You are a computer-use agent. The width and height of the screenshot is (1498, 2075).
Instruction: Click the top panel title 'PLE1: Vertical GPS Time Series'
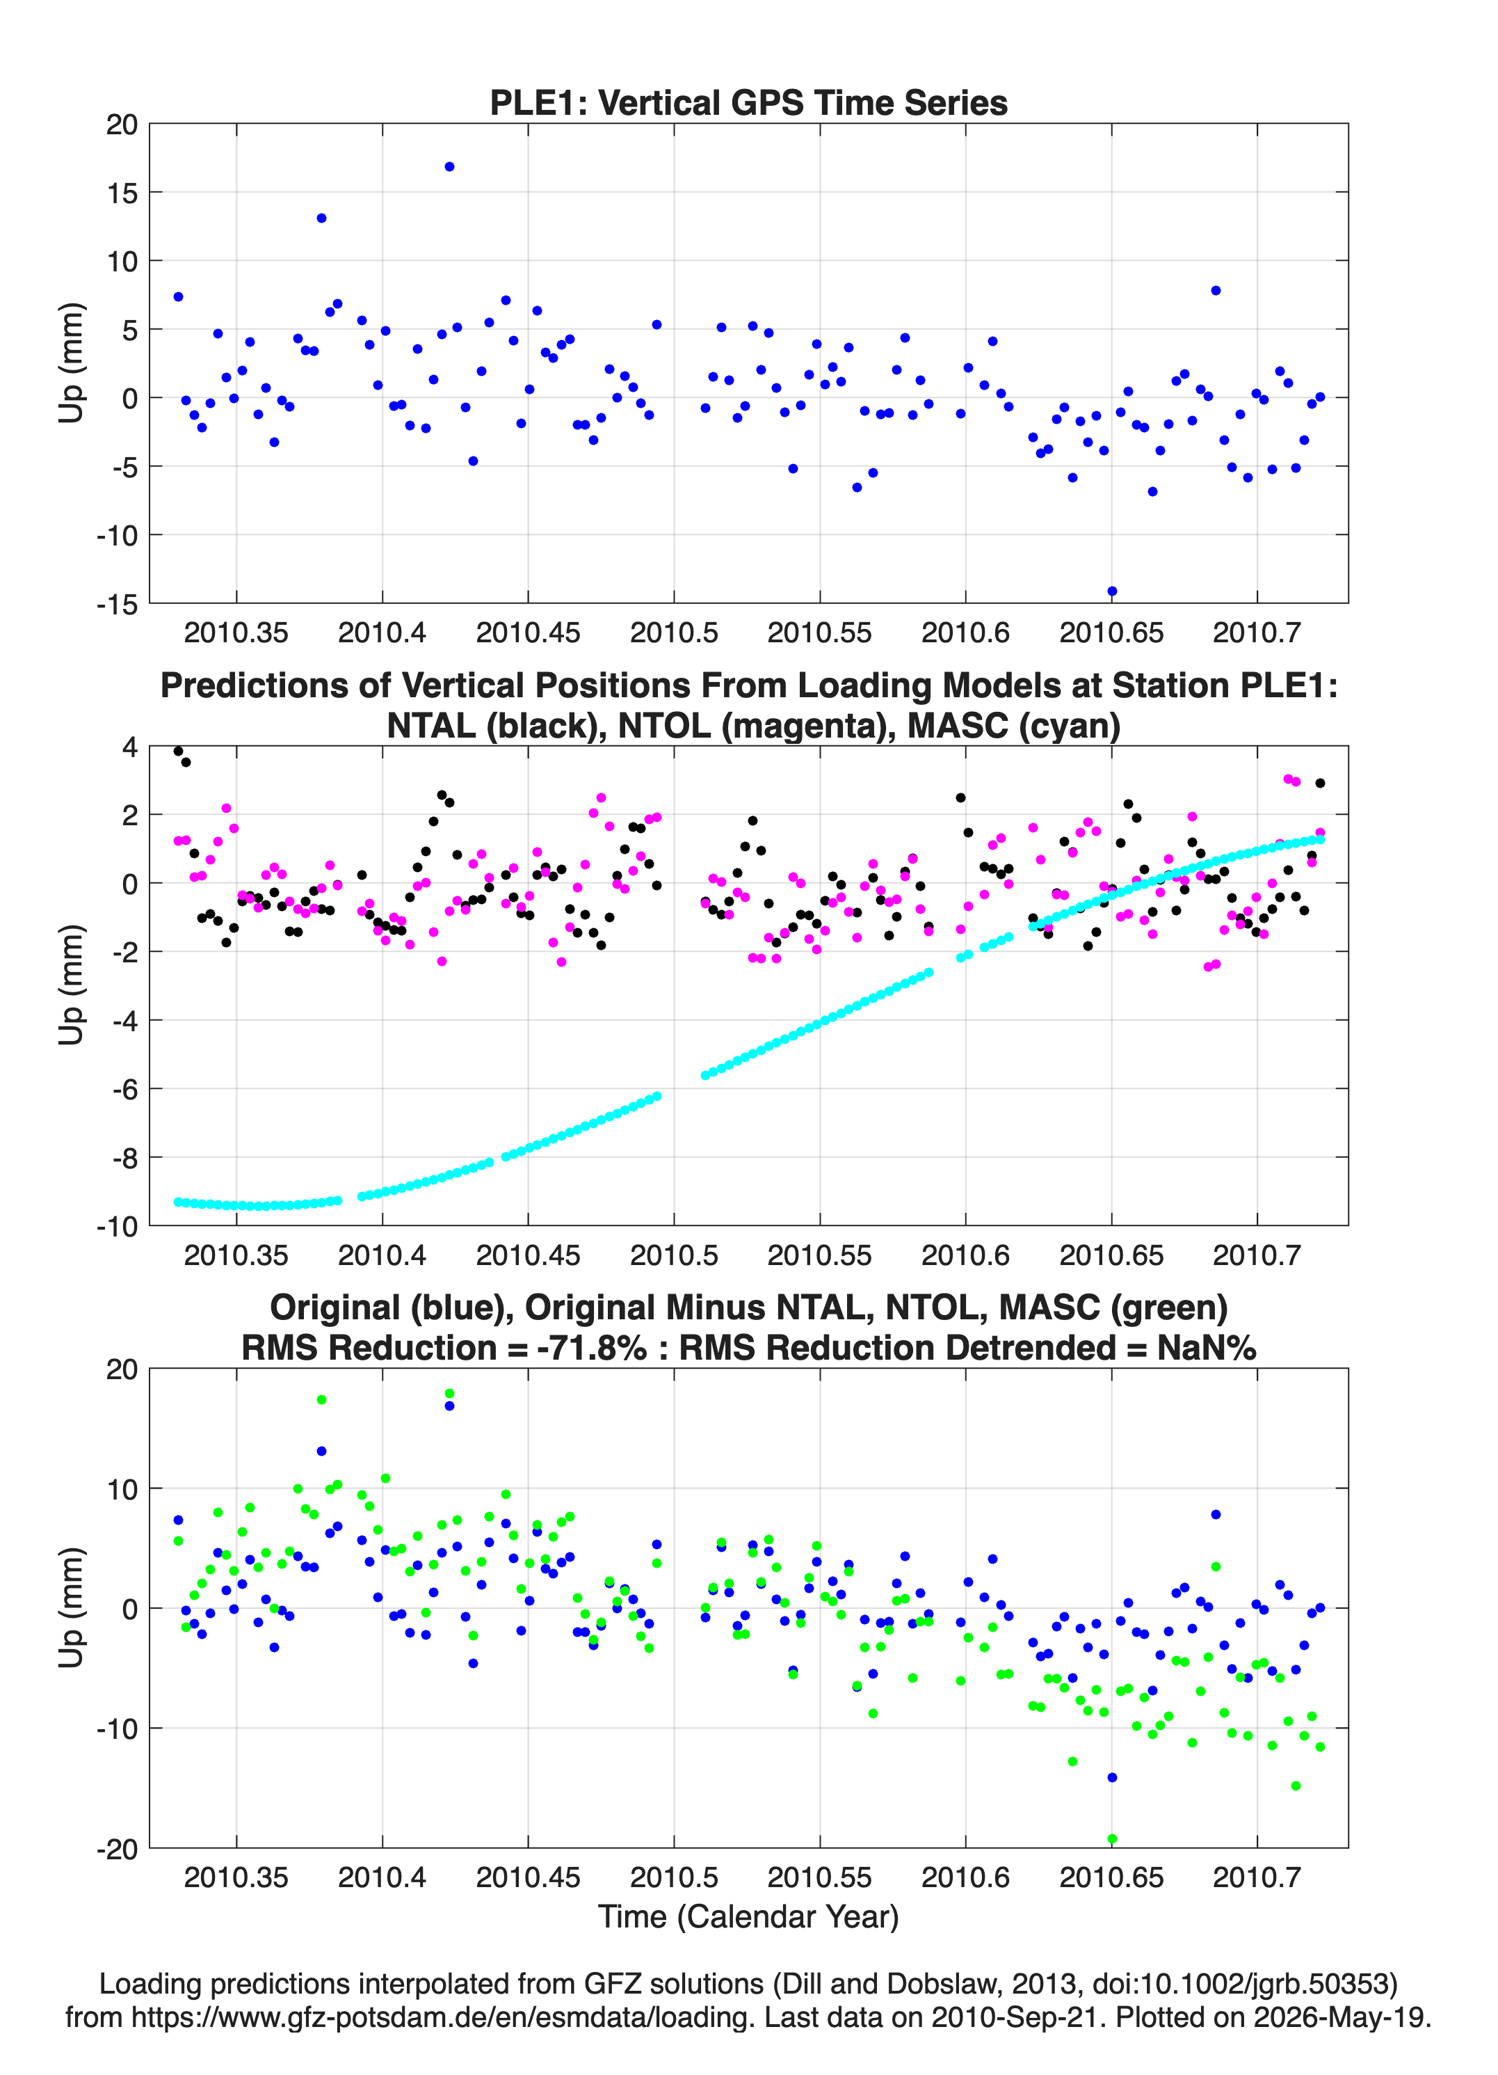click(748, 102)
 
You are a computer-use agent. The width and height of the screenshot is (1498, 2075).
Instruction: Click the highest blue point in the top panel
click(449, 166)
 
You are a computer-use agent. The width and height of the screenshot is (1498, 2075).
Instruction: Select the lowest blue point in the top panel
click(1112, 591)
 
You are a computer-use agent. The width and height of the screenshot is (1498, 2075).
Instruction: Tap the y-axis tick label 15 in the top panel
click(122, 193)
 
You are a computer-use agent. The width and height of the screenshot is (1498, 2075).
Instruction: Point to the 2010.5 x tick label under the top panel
click(674, 633)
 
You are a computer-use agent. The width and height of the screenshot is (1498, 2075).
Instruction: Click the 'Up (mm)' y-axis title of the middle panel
click(72, 985)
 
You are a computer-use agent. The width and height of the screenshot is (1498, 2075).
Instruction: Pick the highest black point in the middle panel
click(178, 751)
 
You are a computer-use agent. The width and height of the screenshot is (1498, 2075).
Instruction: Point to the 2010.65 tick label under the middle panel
click(1111, 1255)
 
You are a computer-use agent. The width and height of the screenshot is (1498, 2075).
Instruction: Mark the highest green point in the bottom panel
click(449, 1393)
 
